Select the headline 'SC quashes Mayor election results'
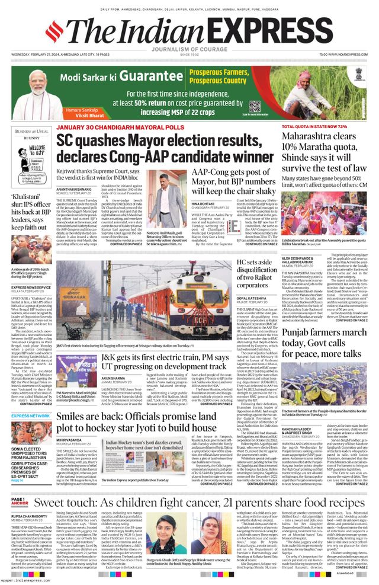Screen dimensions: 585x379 tap(164, 149)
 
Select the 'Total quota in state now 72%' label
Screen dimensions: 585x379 tap(314, 127)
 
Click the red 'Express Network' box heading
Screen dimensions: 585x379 tap(31, 416)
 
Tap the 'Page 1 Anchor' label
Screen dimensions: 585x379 tap(18, 503)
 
